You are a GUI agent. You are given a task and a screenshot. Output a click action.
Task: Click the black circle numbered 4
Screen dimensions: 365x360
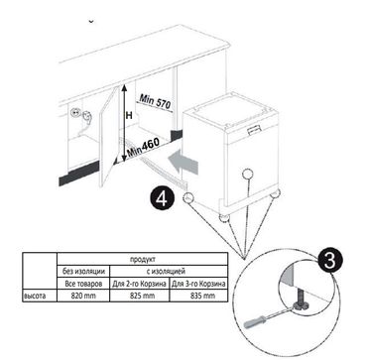(x=162, y=199)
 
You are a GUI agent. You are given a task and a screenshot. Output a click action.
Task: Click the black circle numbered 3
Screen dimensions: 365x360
(x=328, y=261)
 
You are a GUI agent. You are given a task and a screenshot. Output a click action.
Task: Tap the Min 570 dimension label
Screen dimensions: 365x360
(x=155, y=102)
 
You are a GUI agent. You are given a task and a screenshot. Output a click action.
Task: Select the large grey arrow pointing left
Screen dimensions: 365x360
(x=182, y=162)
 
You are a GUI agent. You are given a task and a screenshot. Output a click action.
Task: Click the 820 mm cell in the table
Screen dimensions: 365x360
(x=83, y=296)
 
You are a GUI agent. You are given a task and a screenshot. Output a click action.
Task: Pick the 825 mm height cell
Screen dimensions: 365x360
(x=139, y=296)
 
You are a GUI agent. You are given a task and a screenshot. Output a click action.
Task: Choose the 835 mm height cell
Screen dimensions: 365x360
(x=198, y=296)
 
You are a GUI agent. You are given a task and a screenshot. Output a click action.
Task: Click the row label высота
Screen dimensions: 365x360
(x=34, y=296)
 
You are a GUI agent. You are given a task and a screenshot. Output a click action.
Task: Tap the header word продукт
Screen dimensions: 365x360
(x=143, y=259)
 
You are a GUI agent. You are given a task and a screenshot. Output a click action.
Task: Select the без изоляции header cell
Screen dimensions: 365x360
(x=83, y=272)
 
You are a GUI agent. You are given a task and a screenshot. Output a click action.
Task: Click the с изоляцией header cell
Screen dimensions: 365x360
(x=169, y=272)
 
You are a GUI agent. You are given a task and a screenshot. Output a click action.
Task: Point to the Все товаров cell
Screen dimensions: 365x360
(x=83, y=284)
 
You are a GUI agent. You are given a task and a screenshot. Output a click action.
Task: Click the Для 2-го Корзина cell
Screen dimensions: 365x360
(x=139, y=284)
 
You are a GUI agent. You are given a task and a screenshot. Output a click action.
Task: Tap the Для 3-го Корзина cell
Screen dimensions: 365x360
(x=198, y=284)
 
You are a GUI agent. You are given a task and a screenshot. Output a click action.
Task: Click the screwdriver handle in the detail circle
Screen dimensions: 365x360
(x=255, y=322)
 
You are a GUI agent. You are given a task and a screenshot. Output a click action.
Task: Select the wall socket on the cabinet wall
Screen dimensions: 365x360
(x=75, y=113)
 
